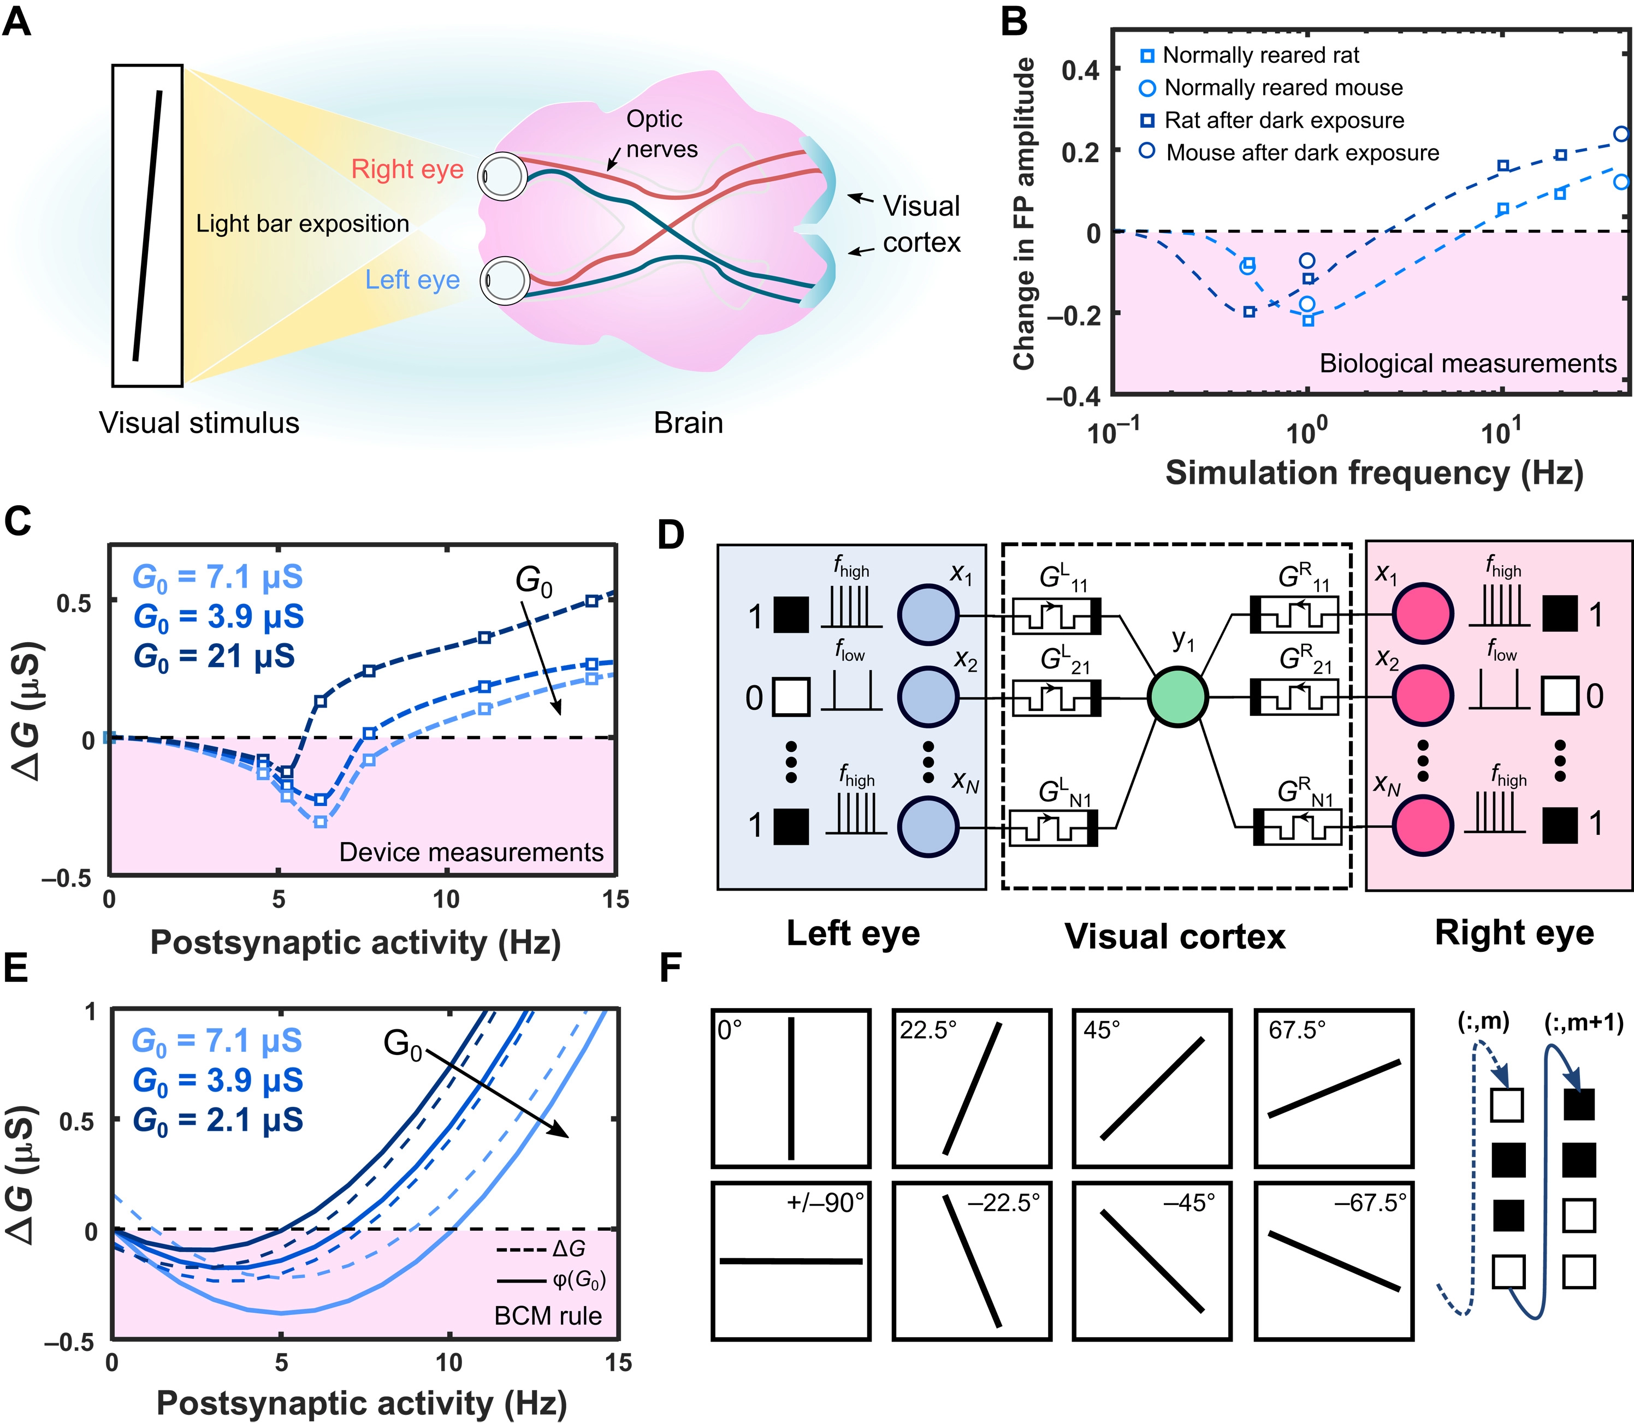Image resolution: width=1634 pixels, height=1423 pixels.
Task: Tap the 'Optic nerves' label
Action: click(661, 133)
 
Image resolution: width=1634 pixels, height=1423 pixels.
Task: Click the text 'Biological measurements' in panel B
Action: click(1467, 364)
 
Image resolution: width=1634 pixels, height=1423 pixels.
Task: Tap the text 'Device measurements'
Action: click(471, 852)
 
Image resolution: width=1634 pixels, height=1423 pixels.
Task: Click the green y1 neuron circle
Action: click(1178, 696)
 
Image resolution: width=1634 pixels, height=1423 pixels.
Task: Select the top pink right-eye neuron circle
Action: click(1423, 614)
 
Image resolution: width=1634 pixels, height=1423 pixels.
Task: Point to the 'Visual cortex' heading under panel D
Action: click(1174, 936)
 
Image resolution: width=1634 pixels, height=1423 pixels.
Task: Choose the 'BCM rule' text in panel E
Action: click(548, 1316)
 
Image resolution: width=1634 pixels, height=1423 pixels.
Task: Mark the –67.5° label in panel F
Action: click(1370, 1202)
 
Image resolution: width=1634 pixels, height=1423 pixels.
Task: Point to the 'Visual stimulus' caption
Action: click(199, 423)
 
